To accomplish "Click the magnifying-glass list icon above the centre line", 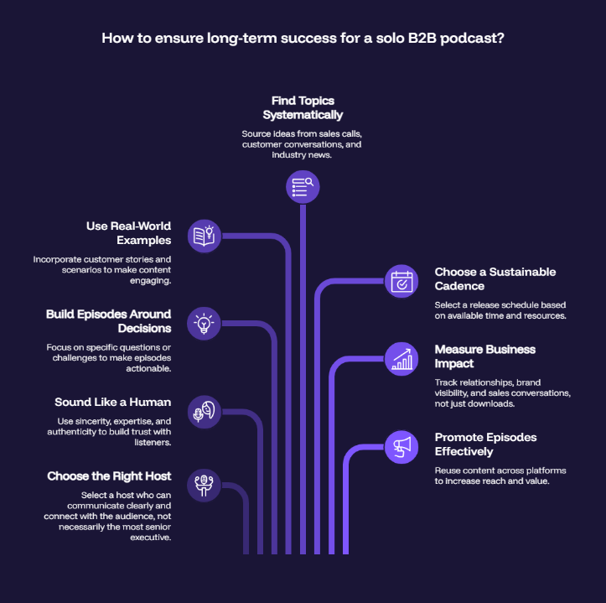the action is [303, 187].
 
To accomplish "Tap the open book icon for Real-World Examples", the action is [205, 236].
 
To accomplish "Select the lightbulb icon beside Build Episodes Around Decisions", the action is [204, 324].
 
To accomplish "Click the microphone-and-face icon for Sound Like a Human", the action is [205, 412].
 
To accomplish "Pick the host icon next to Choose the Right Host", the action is [204, 486].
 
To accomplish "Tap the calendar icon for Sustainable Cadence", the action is [401, 281].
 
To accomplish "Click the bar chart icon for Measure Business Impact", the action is [401, 359].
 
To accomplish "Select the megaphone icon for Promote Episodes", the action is [401, 447].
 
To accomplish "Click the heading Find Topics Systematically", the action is [303, 108].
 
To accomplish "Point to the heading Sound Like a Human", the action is [113, 403].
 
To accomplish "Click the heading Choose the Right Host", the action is [109, 476].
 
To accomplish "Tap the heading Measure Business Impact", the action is [485, 356].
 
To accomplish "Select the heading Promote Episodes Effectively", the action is [485, 444].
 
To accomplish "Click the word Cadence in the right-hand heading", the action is [459, 286].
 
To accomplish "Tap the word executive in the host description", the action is [150, 538].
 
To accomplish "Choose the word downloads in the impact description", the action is [495, 403].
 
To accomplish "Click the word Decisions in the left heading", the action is [144, 329].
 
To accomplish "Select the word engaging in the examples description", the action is [150, 281].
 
